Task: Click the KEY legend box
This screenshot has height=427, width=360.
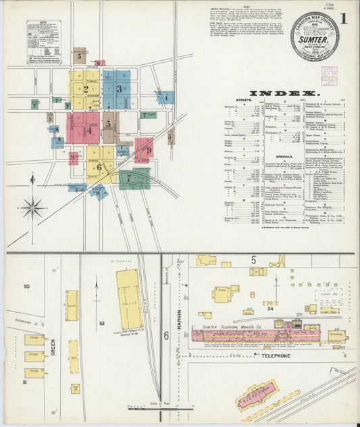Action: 43,41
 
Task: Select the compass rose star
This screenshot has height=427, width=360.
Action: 32,207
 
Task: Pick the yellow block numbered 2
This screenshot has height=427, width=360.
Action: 86,88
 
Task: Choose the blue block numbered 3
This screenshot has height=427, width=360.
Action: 119,89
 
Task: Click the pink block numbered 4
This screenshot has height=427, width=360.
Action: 88,130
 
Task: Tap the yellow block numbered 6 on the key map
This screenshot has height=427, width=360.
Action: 99,166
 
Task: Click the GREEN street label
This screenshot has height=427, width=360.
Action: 53,347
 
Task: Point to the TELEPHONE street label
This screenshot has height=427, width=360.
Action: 276,355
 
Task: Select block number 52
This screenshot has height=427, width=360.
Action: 101,324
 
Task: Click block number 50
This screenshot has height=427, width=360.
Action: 26,286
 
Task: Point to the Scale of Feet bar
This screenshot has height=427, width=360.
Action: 161,407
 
